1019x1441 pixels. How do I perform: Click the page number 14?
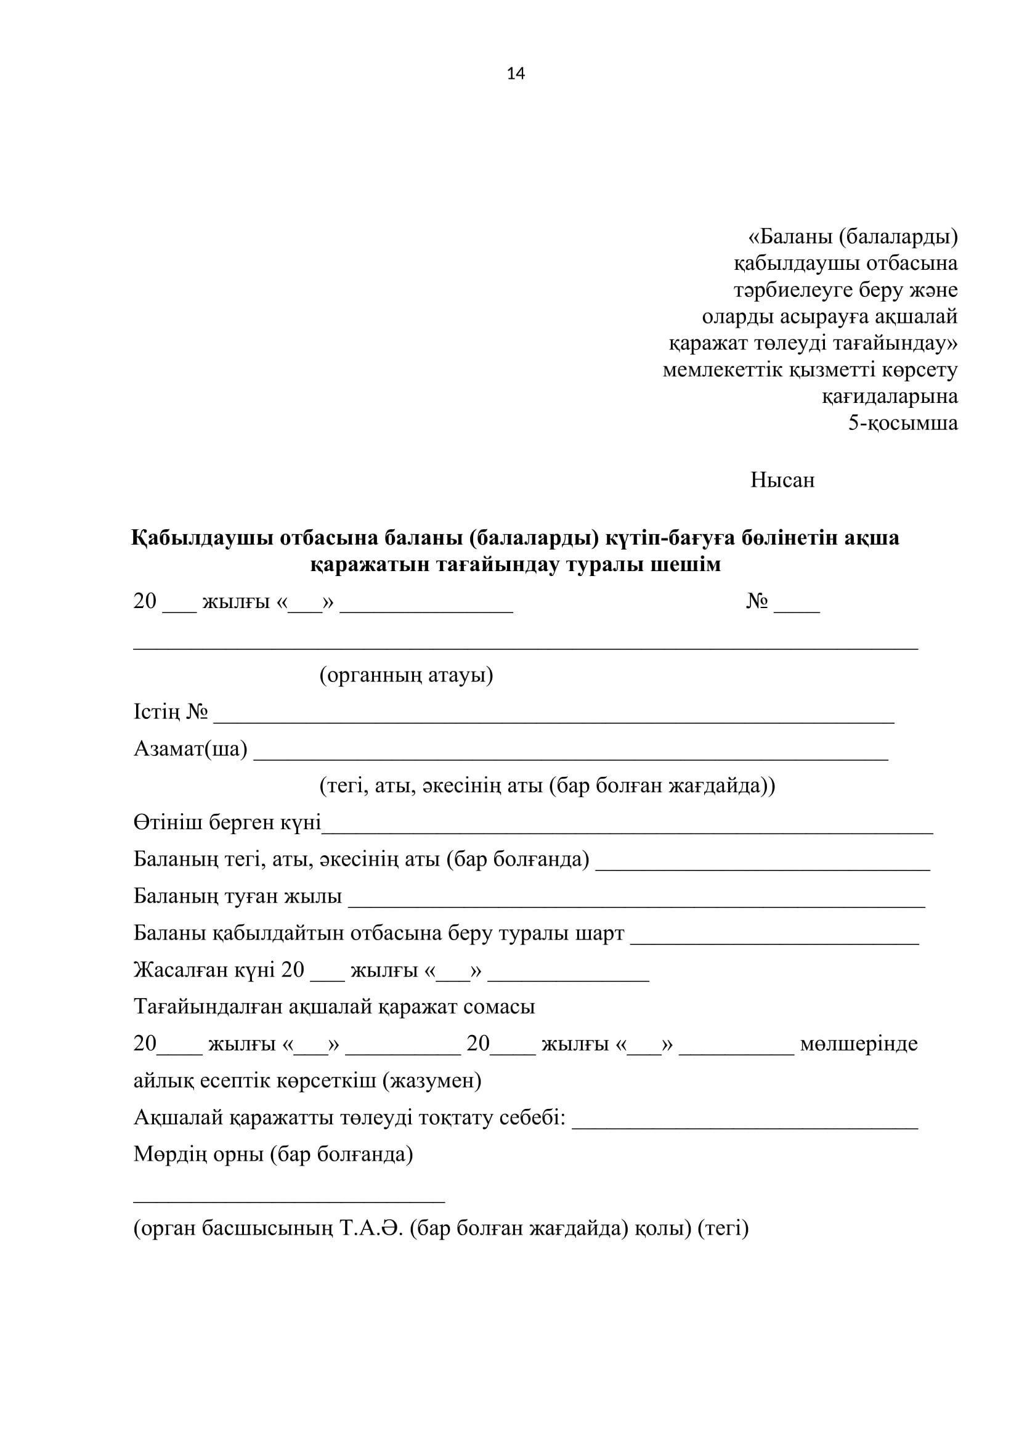click(516, 74)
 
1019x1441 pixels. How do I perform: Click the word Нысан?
click(782, 480)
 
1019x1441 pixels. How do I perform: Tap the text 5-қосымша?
click(903, 423)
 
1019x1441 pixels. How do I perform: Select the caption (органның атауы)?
click(406, 675)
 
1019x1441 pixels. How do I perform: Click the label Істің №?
click(171, 712)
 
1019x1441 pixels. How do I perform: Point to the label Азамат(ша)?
click(191, 749)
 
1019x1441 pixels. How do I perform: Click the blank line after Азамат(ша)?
click(571, 758)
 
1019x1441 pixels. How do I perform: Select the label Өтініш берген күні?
click(227, 823)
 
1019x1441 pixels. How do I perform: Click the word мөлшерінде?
click(859, 1044)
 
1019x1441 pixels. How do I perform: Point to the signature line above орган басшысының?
click(290, 1201)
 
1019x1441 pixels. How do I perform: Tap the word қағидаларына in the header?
click(890, 397)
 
